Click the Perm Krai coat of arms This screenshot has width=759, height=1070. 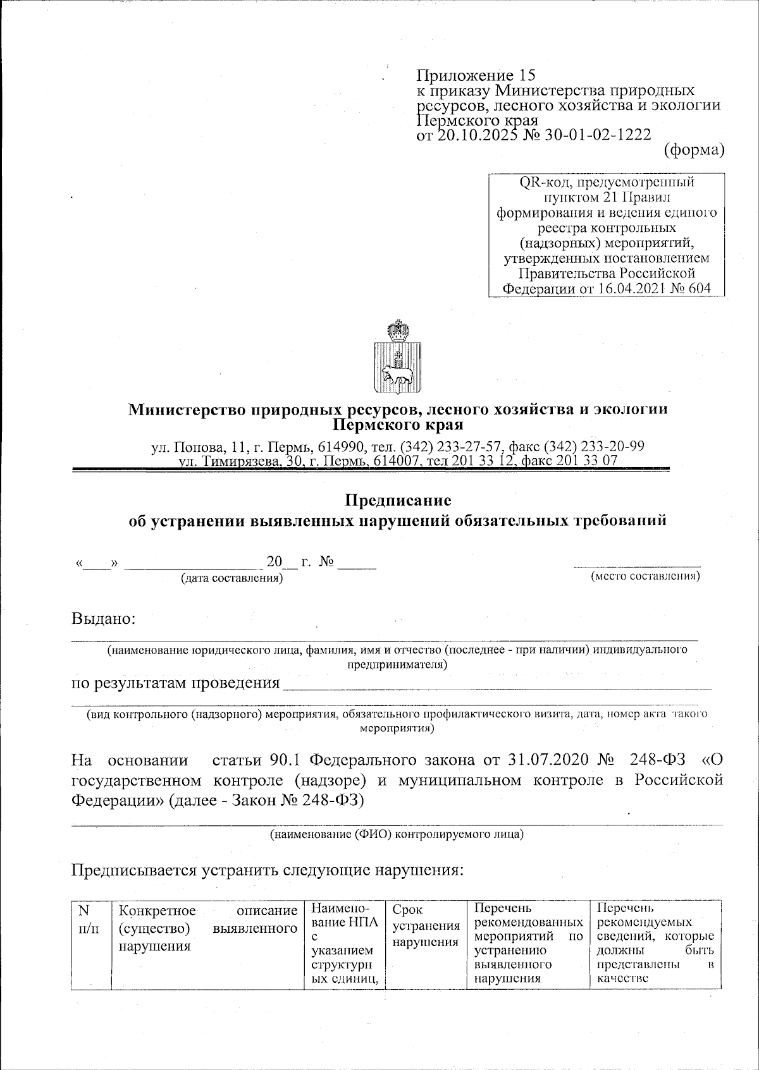pos(397,358)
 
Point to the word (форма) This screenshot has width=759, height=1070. pos(693,150)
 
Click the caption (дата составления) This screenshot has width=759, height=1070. pos(231,578)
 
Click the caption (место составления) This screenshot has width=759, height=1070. pos(645,576)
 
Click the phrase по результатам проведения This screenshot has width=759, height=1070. pos(175,683)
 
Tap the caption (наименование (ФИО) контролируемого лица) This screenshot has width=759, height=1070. pos(397,834)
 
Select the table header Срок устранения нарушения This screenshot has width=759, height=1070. pos(426,926)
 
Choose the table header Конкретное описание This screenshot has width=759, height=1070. pos(208,911)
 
